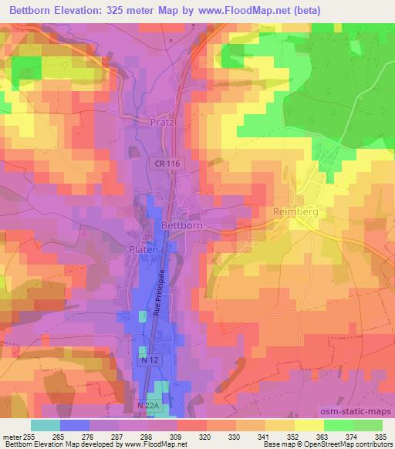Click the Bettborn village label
[183, 225]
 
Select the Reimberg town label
[295, 211]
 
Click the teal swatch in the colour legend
[46, 425]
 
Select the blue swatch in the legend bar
[75, 425]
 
